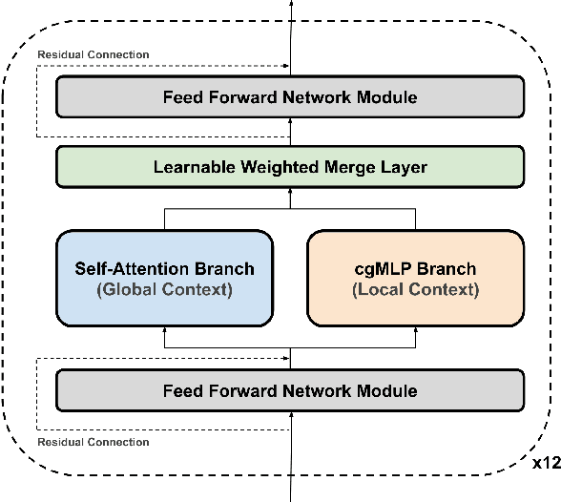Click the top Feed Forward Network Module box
coord(290,97)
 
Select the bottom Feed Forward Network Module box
coord(290,390)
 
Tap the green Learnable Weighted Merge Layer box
coord(290,167)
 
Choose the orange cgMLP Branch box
coord(415,278)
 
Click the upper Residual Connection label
coord(93,54)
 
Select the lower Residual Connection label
coord(93,442)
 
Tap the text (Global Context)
coord(165,289)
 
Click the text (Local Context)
coord(415,289)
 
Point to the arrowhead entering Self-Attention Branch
coord(165,329)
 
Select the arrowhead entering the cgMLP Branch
coord(415,329)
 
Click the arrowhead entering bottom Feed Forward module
coord(290,413)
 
